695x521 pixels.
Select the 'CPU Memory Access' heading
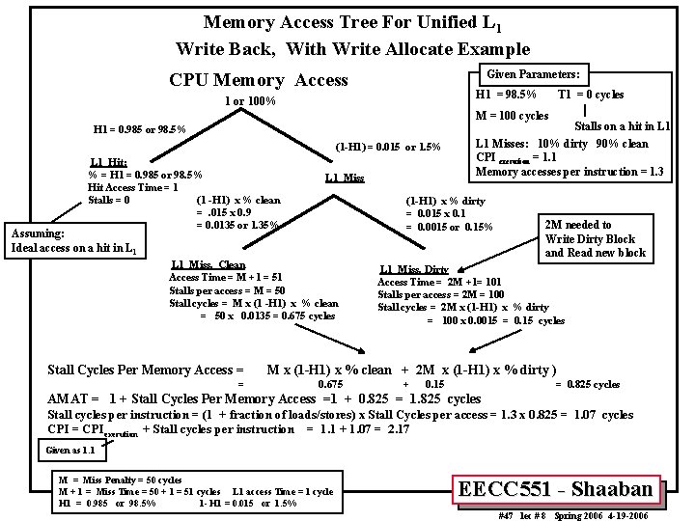258,80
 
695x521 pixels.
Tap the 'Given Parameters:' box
533,74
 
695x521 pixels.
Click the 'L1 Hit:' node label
109,161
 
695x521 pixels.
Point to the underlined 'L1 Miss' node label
345,178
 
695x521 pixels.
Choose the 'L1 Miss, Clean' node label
208,264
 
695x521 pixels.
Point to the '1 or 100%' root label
250,101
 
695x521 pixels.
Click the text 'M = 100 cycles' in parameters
513,116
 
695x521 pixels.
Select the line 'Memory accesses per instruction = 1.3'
570,172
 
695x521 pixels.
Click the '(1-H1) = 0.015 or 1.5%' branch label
388,147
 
